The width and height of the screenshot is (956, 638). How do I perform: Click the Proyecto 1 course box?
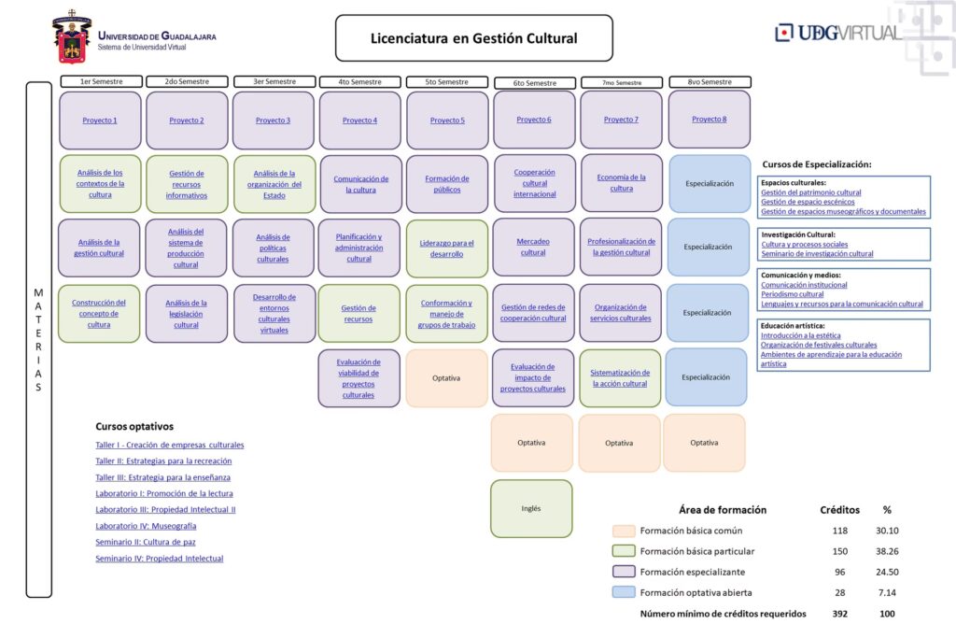coord(100,121)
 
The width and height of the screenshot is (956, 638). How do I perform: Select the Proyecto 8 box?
coord(710,120)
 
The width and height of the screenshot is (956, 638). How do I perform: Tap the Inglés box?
coord(531,509)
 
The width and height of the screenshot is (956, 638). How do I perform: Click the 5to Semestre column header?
coord(447,82)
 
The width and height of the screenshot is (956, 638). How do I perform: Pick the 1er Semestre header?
coord(100,82)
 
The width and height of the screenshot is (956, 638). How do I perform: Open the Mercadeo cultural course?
coord(533,247)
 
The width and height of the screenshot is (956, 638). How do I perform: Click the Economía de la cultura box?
coord(621,182)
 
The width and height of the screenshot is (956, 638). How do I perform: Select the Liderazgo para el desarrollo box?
coord(447,248)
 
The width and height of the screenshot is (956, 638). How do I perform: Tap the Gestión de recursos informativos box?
coord(187,184)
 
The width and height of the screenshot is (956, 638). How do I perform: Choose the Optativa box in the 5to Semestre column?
coord(446,378)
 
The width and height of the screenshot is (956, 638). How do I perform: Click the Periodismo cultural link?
coord(793,294)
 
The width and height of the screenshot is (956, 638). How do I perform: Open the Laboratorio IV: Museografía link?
coord(146,526)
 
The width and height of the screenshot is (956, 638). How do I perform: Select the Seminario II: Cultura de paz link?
coord(146,542)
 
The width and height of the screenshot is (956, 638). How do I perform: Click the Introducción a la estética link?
coord(800,334)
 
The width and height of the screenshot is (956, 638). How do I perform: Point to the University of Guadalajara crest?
coord(72,37)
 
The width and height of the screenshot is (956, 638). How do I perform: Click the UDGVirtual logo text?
coord(837,33)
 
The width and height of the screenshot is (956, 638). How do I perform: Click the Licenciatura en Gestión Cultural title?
coord(473,38)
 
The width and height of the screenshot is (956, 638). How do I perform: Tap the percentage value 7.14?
coord(886,592)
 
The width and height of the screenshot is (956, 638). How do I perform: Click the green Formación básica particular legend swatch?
coord(624,551)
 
